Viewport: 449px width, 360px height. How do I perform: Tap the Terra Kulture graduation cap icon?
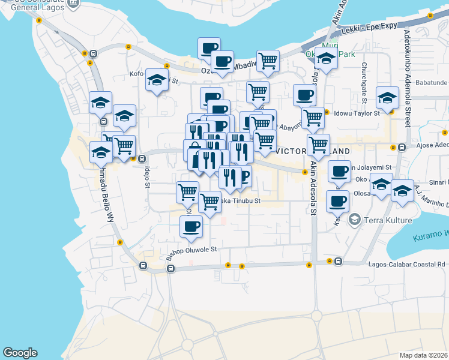(x=355, y=220)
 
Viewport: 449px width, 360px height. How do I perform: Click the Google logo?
(x=20, y=353)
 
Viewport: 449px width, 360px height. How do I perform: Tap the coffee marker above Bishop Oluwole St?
(x=191, y=226)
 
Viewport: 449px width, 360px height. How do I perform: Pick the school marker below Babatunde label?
(x=387, y=97)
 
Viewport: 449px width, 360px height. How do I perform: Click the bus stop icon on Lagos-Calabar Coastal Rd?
(x=339, y=262)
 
